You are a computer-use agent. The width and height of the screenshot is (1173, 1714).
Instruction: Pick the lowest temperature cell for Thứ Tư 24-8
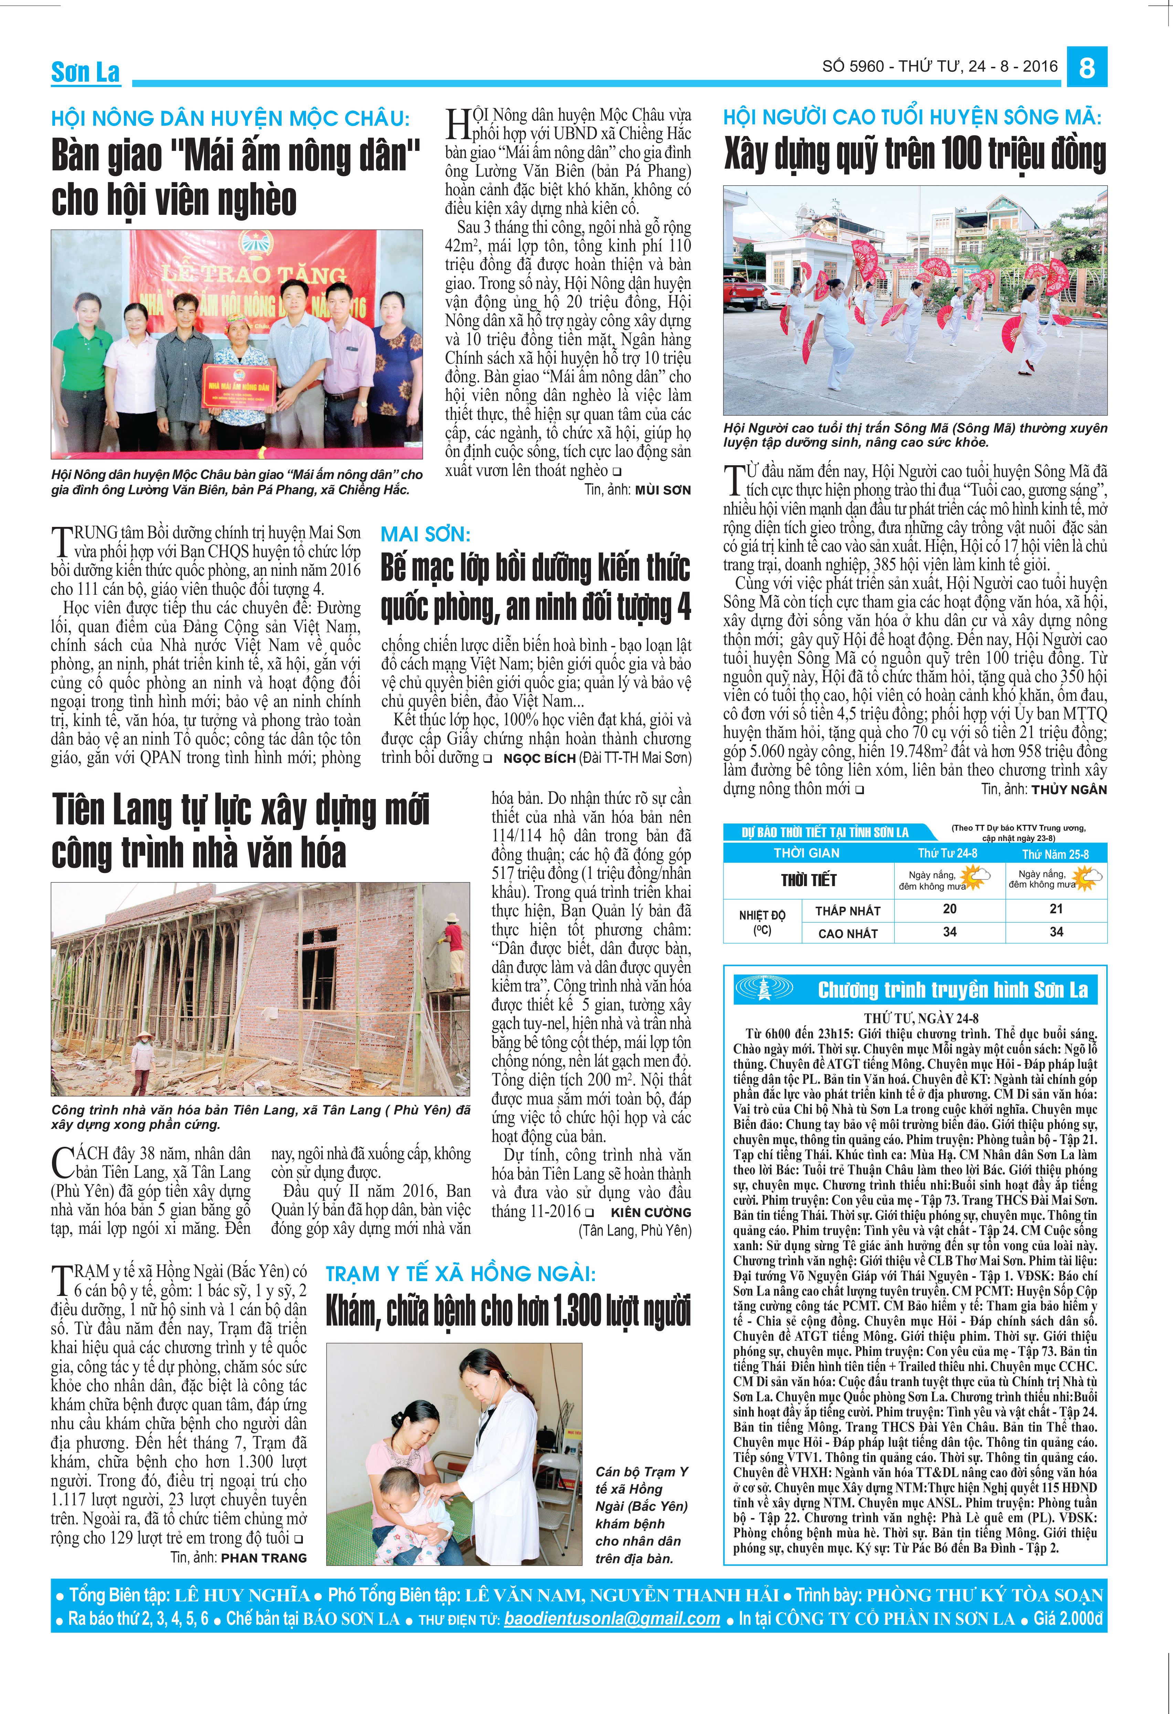coord(950,910)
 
